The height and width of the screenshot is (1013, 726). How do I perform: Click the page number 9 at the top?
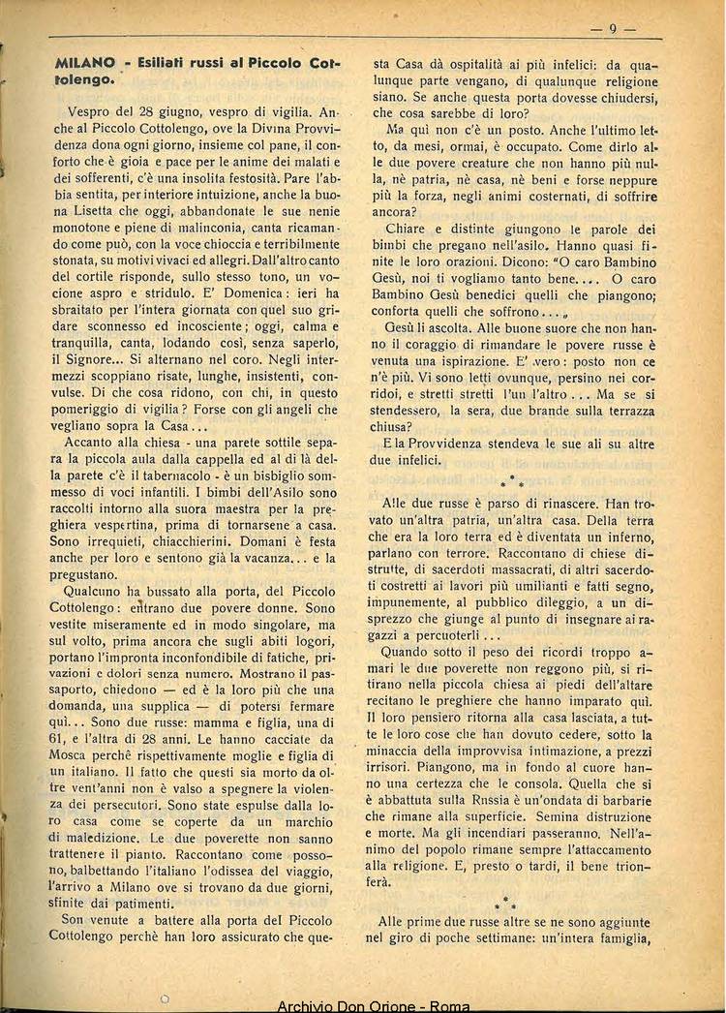614,29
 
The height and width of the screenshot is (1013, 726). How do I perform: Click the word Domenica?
261,292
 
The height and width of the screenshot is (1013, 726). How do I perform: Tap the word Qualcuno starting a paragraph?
96,591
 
